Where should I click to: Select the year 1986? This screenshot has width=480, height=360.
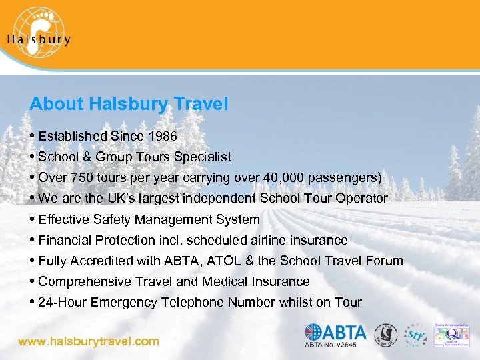pyautogui.click(x=163, y=137)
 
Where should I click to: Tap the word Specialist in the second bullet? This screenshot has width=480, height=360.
pyautogui.click(x=202, y=157)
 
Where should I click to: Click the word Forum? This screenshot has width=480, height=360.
pyautogui.click(x=385, y=261)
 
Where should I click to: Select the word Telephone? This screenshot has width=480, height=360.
pyautogui.click(x=193, y=303)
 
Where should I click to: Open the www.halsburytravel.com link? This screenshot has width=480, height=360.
pyautogui.click(x=89, y=341)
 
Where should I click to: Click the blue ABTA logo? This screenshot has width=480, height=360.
pyautogui.click(x=336, y=331)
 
